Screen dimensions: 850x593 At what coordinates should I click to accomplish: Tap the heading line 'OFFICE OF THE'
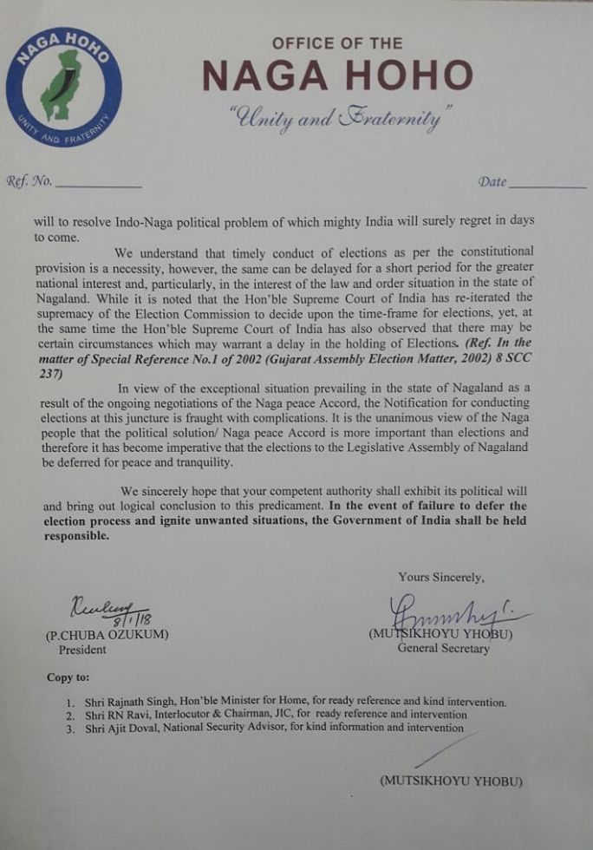337,43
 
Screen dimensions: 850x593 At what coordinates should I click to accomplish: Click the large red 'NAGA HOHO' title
337,77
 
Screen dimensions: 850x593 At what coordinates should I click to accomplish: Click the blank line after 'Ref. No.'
98,185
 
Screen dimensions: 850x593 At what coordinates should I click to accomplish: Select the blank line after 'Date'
547,185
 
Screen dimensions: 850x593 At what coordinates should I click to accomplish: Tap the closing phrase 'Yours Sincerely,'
441,577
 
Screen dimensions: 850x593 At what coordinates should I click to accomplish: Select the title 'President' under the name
82,649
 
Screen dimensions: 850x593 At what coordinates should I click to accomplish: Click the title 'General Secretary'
443,648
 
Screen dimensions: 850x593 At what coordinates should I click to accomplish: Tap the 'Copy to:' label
67,677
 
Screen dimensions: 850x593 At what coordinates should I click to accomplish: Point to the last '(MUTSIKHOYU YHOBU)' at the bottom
451,781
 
